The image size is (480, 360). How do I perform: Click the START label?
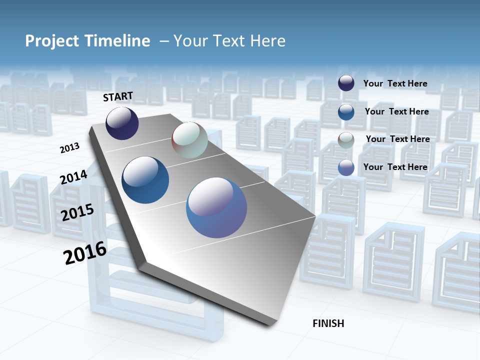point(118,96)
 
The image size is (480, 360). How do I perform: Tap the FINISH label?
point(328,323)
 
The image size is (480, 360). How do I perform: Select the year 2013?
point(70,148)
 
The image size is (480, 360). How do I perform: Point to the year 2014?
point(74,177)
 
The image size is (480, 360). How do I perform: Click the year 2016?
point(85,252)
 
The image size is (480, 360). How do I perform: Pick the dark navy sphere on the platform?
point(122,123)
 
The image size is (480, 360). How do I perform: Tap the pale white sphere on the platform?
point(189,140)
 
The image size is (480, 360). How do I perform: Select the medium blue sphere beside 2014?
point(145,180)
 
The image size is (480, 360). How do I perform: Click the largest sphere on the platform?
point(216,207)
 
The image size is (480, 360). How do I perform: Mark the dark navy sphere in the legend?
point(346,83)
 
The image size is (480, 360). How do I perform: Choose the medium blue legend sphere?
point(346,111)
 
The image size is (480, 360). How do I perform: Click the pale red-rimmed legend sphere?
point(346,139)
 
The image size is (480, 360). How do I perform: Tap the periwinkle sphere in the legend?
point(346,167)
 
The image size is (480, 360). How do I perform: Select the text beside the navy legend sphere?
point(395,83)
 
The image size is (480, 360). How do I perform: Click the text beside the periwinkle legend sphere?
point(395,167)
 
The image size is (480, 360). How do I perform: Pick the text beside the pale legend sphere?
point(397,139)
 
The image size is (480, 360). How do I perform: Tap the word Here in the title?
point(267,41)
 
